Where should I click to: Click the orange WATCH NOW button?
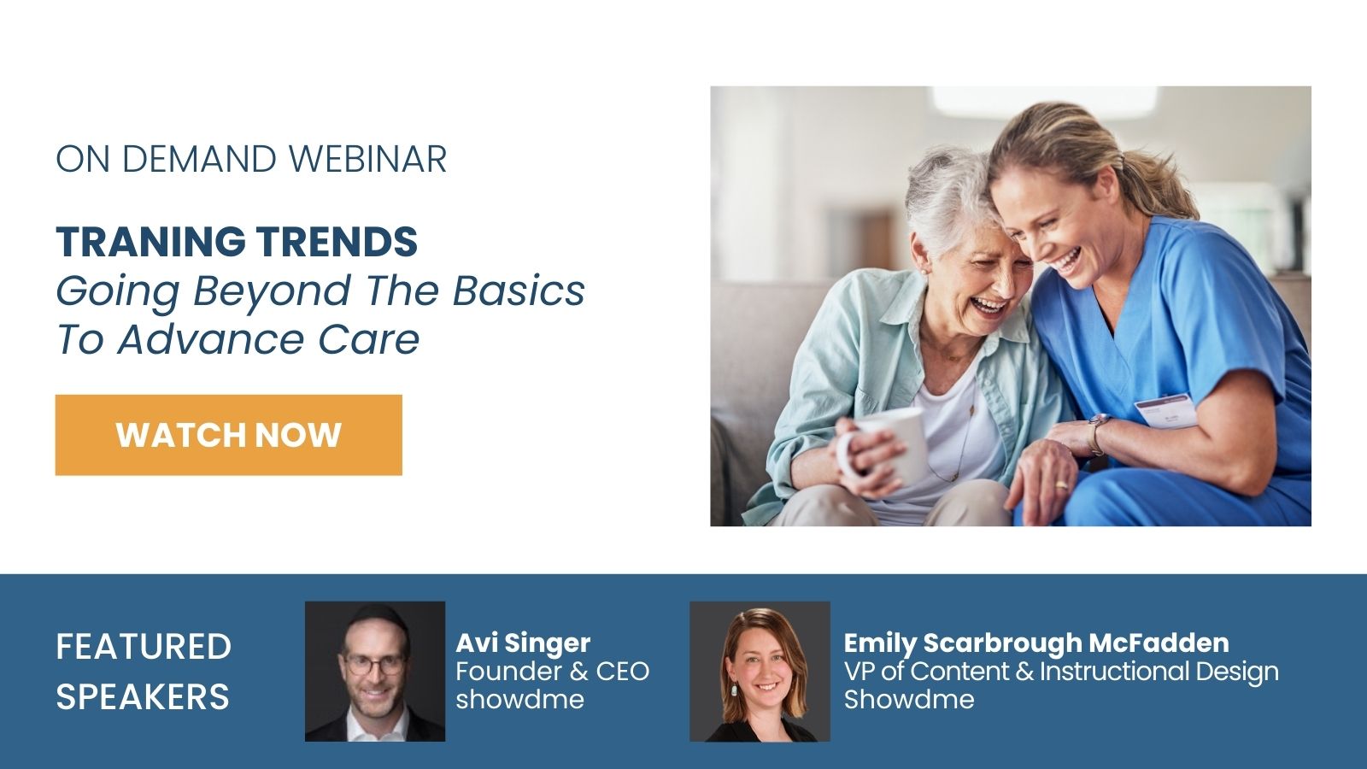229,435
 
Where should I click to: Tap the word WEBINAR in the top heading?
367,159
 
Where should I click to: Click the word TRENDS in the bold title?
337,242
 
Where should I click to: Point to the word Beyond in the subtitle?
273,291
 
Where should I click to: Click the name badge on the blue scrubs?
1165,411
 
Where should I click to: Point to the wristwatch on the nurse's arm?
1097,432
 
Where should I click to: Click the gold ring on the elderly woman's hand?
1061,485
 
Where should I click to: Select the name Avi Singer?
523,643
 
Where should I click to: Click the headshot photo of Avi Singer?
375,672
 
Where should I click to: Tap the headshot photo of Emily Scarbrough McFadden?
760,672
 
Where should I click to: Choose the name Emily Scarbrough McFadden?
1036,643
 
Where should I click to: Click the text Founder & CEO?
552,672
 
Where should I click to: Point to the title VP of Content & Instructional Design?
1061,672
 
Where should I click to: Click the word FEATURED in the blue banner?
144,647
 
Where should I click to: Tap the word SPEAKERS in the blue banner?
143,697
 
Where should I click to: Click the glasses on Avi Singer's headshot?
375,665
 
